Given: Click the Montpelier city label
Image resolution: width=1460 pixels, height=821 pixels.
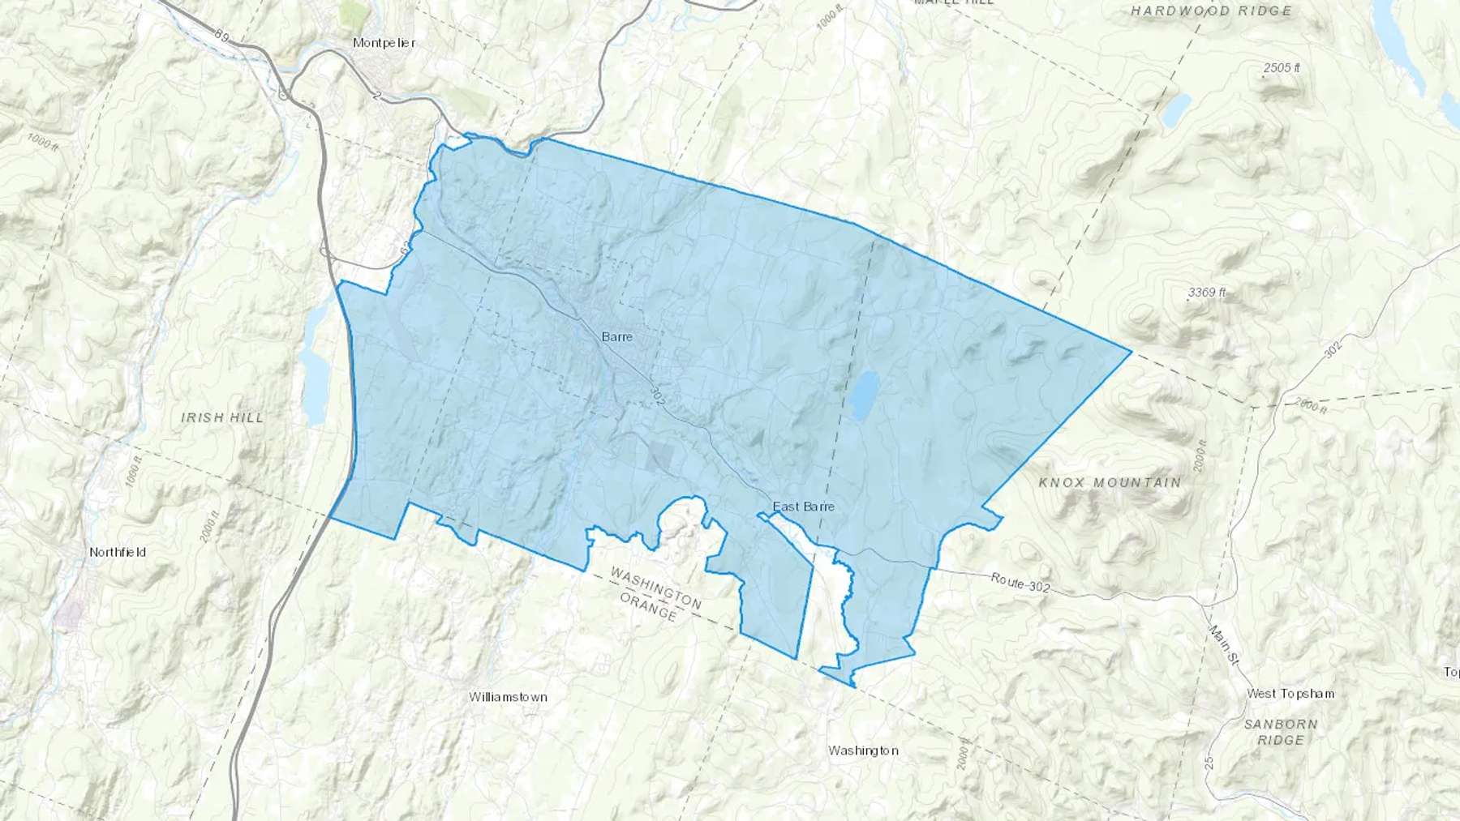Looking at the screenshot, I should [384, 42].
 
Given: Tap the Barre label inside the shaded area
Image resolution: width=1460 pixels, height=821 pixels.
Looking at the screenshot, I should [616, 336].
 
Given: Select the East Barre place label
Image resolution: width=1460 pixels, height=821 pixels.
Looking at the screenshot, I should [803, 507].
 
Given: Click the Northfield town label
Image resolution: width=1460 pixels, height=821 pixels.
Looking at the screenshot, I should [118, 552].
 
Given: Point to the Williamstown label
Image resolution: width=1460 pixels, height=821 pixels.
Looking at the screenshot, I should [508, 697].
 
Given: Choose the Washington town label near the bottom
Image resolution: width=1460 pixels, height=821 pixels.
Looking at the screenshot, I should [862, 750].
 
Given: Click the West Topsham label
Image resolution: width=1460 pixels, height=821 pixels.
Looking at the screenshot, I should [1290, 694].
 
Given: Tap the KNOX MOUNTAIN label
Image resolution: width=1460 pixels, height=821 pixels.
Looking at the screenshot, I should [1110, 483].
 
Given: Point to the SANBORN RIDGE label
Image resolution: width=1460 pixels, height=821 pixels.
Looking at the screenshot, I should [1282, 732].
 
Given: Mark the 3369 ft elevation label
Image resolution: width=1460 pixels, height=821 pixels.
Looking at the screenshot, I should [1206, 292].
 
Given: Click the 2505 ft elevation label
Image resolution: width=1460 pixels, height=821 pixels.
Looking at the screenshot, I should [1281, 68].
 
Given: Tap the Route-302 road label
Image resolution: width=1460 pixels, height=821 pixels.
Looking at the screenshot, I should [1020, 582].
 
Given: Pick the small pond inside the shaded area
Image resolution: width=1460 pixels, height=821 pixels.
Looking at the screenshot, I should [865, 395].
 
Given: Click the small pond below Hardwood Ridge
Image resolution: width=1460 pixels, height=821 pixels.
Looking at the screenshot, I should [1175, 109].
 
